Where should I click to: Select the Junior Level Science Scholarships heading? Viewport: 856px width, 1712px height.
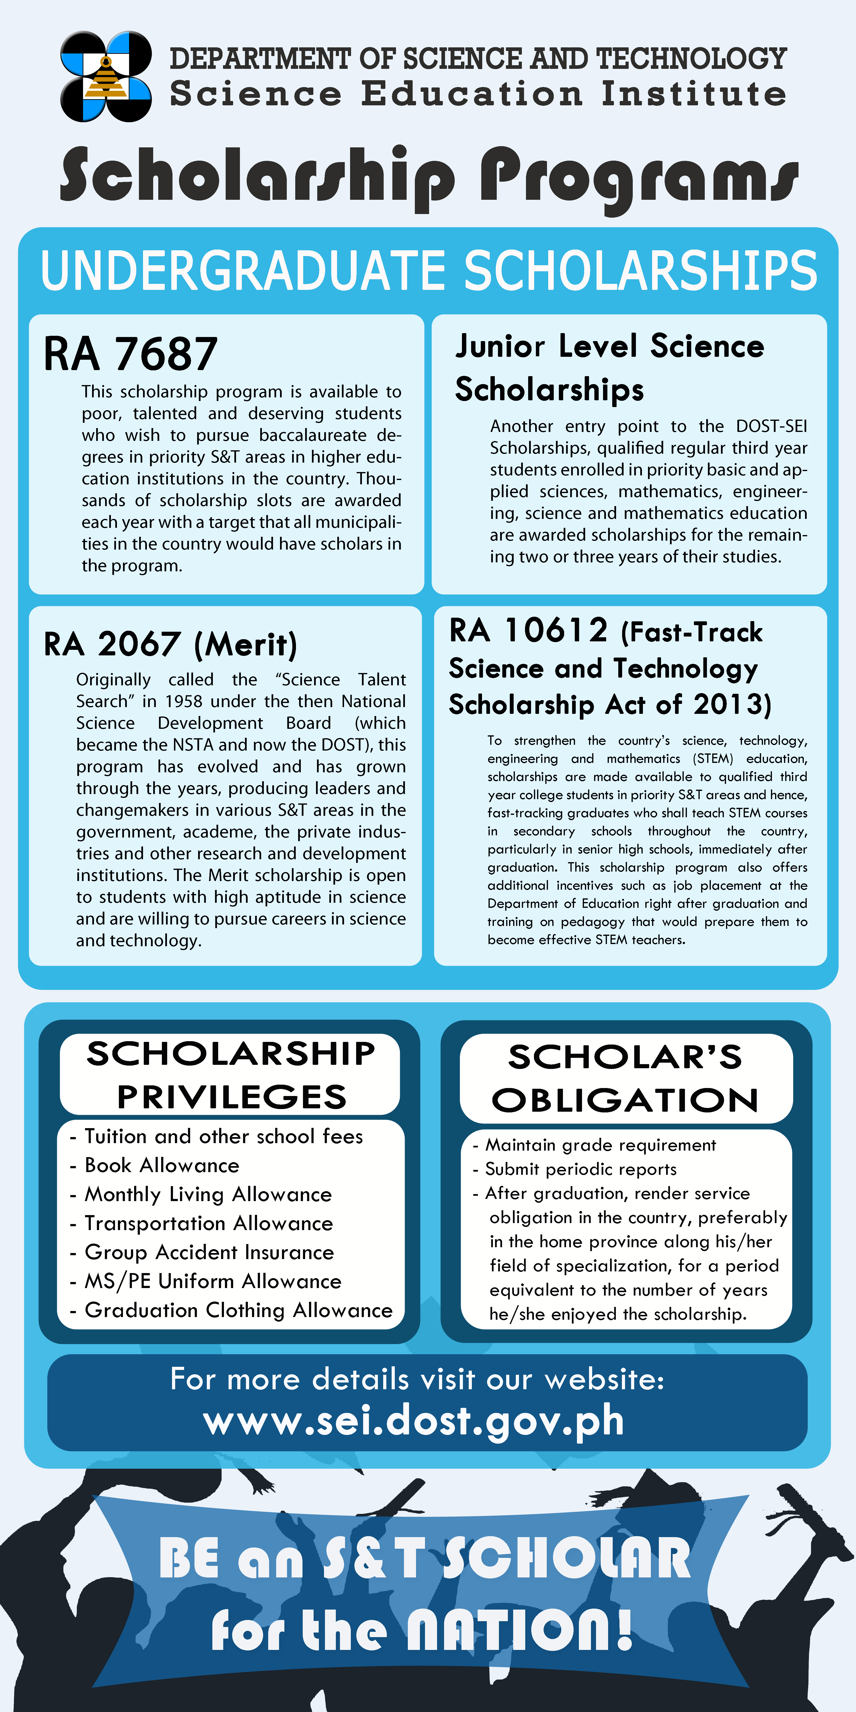pyautogui.click(x=609, y=367)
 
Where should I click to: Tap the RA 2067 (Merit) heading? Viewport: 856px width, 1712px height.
pyautogui.click(x=170, y=644)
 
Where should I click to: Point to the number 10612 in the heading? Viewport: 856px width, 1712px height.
pyautogui.click(x=556, y=630)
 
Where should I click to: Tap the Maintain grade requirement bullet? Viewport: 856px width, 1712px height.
pyautogui.click(x=600, y=1145)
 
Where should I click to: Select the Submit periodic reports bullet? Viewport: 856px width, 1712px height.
pyautogui.click(x=580, y=1169)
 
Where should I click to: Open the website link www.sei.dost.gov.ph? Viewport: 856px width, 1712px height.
pyautogui.click(x=413, y=1422)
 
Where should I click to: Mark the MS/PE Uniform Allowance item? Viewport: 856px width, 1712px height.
pyautogui.click(x=213, y=1281)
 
